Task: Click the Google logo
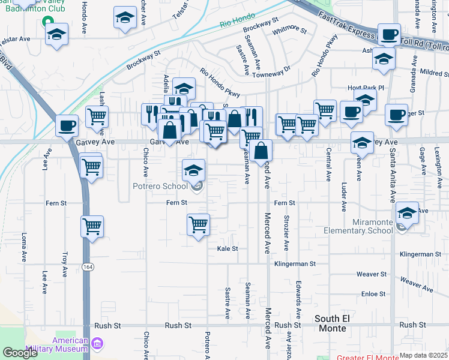point(20,352)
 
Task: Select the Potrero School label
point(160,186)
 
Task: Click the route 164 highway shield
point(88,266)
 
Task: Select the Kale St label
point(228,248)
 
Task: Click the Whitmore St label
point(289,29)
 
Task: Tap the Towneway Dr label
point(271,73)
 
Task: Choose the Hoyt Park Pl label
point(365,88)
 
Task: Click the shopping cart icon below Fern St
point(198,226)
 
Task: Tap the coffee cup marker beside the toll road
point(388,35)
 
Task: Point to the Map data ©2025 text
point(424,355)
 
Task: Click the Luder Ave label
point(344,197)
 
